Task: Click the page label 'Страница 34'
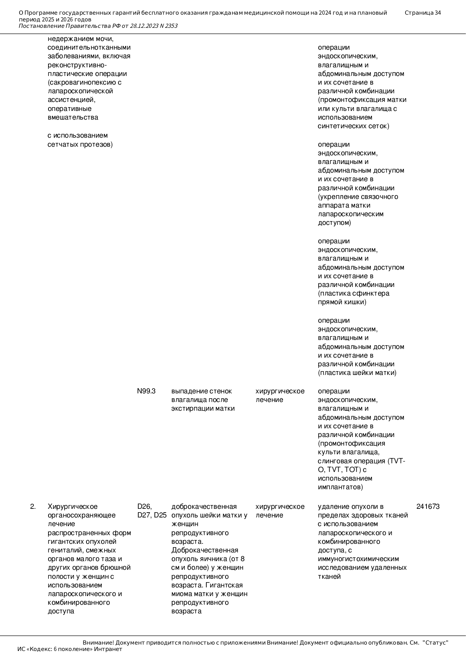point(422,13)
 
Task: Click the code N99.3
point(146,391)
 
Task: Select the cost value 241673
point(428,507)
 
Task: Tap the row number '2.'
point(33,507)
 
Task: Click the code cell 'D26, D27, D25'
point(151,511)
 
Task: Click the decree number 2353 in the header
point(171,26)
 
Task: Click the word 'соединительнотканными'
point(89,47)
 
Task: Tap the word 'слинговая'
point(333,461)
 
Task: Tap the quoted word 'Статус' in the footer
point(436,643)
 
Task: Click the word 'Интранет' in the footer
point(108,649)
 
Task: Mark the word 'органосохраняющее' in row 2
point(82,515)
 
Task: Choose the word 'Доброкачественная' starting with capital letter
point(205,550)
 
